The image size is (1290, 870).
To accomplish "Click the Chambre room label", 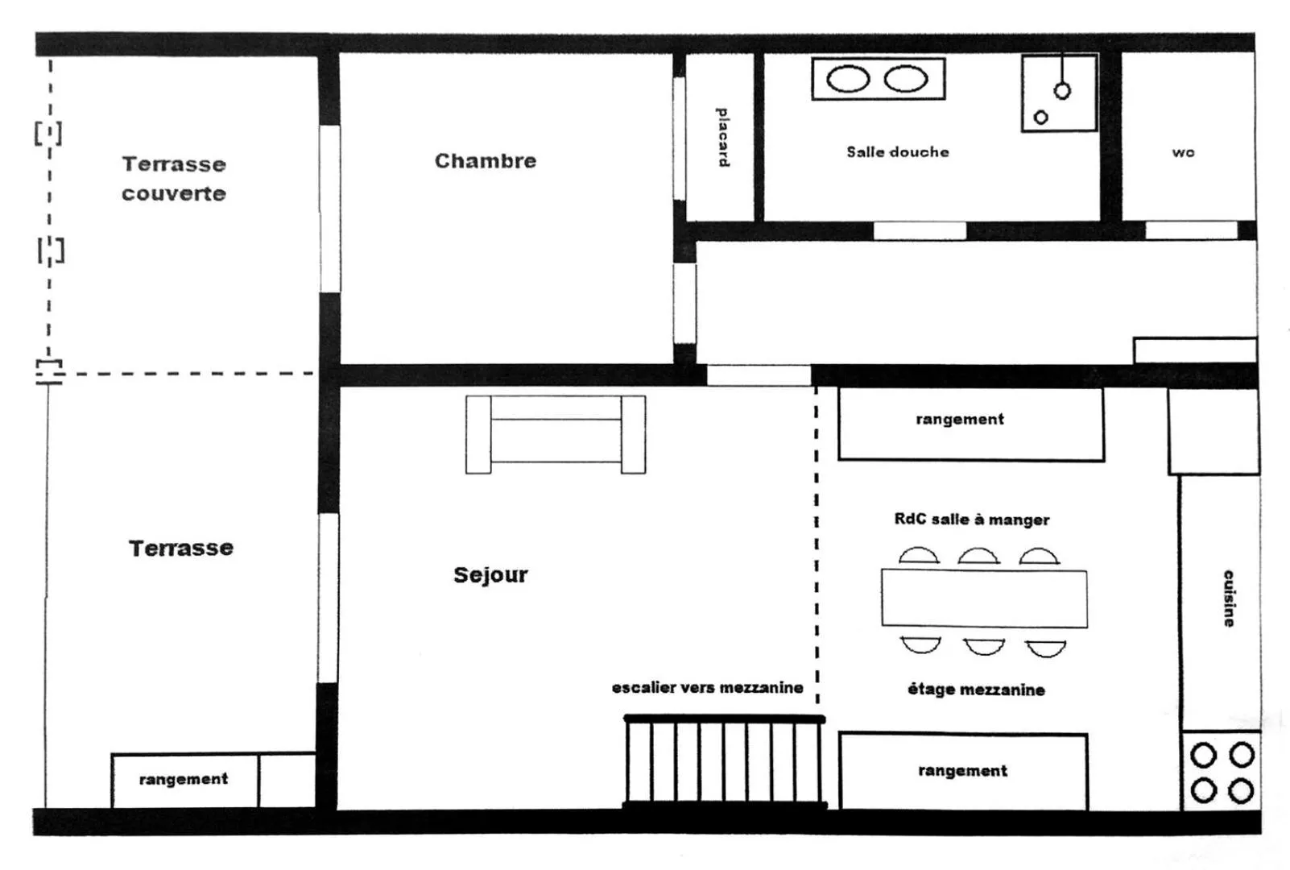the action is tap(486, 161).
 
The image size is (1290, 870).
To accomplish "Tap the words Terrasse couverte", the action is tap(174, 179).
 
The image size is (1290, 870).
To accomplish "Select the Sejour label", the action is tap(490, 575).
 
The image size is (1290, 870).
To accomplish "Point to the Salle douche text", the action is tap(897, 152).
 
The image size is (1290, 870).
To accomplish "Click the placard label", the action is tap(722, 137).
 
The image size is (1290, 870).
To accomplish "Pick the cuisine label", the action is tap(1229, 599).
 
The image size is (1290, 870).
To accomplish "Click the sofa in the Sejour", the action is tap(556, 434).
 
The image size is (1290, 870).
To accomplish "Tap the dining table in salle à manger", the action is tap(984, 598).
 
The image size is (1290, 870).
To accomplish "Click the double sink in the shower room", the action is tap(879, 79).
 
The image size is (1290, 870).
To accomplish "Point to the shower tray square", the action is tap(1059, 93).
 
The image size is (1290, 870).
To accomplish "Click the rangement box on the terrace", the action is tap(185, 780).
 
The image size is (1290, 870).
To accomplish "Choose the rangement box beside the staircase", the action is tap(963, 772).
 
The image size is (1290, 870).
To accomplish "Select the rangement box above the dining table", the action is tap(971, 425).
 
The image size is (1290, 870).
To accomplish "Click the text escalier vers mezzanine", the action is tap(707, 688).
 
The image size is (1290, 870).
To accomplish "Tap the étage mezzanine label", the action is tap(976, 690).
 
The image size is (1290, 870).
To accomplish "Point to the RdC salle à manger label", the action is tap(972, 520).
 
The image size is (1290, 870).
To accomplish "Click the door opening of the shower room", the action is tap(920, 230).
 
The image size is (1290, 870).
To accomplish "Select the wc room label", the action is tap(1184, 153).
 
